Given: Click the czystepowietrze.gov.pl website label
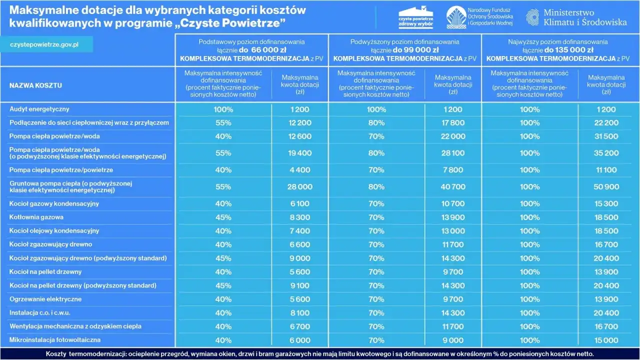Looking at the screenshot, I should click(x=44, y=44).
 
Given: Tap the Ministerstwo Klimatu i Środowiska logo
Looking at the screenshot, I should click(x=576, y=17).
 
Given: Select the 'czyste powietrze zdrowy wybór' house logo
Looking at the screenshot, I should click(x=415, y=17).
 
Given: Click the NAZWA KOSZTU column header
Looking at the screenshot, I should click(x=35, y=85).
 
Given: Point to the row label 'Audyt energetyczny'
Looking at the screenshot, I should click(x=39, y=109).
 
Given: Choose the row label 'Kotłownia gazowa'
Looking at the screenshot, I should click(x=36, y=217).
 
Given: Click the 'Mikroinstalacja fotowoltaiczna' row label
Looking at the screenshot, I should click(x=55, y=340).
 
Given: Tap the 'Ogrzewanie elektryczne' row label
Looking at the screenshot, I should click(x=45, y=299).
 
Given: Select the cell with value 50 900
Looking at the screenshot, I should click(x=606, y=187).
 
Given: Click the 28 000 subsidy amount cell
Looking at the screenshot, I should click(x=300, y=187).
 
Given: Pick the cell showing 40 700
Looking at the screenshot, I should click(x=453, y=187).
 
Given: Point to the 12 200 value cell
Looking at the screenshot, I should click(x=300, y=123).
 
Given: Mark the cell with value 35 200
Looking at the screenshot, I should click(x=606, y=153).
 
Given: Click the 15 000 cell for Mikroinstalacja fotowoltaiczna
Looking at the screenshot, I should click(x=606, y=340).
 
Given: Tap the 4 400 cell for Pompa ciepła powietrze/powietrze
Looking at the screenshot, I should click(x=300, y=170).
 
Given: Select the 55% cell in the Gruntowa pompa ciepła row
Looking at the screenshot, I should click(x=223, y=187).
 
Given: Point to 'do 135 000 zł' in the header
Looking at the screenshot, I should click(x=569, y=50).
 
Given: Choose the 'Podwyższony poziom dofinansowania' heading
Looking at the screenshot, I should click(x=405, y=42).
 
